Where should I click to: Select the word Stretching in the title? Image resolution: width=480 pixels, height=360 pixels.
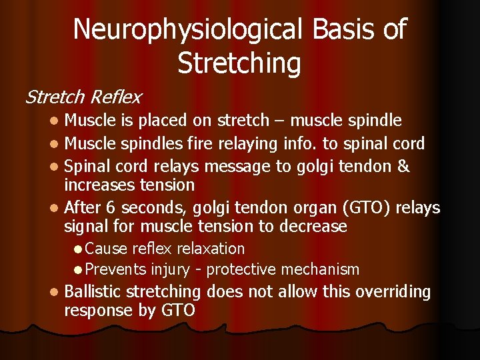click(239, 63)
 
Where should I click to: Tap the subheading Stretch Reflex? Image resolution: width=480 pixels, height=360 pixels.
click(83, 97)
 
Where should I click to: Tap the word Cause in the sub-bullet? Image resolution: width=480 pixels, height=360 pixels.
click(107, 249)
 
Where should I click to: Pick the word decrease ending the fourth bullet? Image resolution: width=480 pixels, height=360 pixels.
click(313, 227)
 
